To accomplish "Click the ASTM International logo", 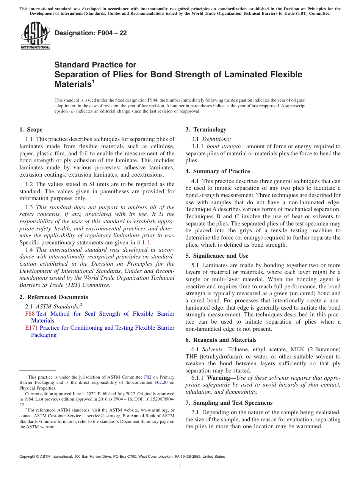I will [x=35, y=36].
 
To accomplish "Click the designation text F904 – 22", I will [x=91, y=33].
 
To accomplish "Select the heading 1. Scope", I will [x=31, y=130].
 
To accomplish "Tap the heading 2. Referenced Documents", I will [x=53, y=297].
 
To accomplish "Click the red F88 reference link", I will [x=30, y=314].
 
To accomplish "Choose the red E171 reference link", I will [x=31, y=328].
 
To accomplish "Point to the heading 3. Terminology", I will [x=206, y=130].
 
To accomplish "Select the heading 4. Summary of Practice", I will [x=218, y=171].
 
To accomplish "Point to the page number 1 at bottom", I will [x=180, y=466].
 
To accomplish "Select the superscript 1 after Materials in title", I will [x=94, y=81].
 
